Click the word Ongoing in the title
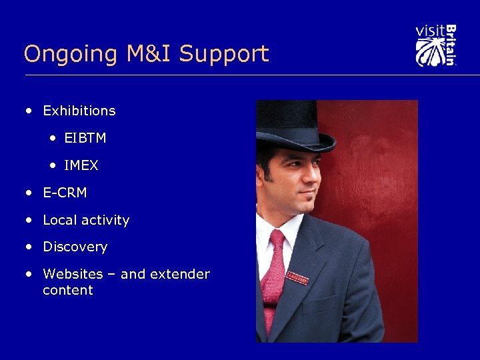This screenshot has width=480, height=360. (x=59, y=54)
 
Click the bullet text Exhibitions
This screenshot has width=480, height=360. (x=79, y=111)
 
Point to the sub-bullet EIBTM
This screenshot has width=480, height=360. (x=85, y=138)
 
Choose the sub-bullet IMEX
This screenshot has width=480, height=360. (x=81, y=165)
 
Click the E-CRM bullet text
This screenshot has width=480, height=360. (x=65, y=193)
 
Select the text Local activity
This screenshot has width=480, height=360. (x=86, y=220)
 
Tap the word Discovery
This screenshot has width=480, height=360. (x=75, y=247)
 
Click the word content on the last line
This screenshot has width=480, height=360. (x=67, y=290)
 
